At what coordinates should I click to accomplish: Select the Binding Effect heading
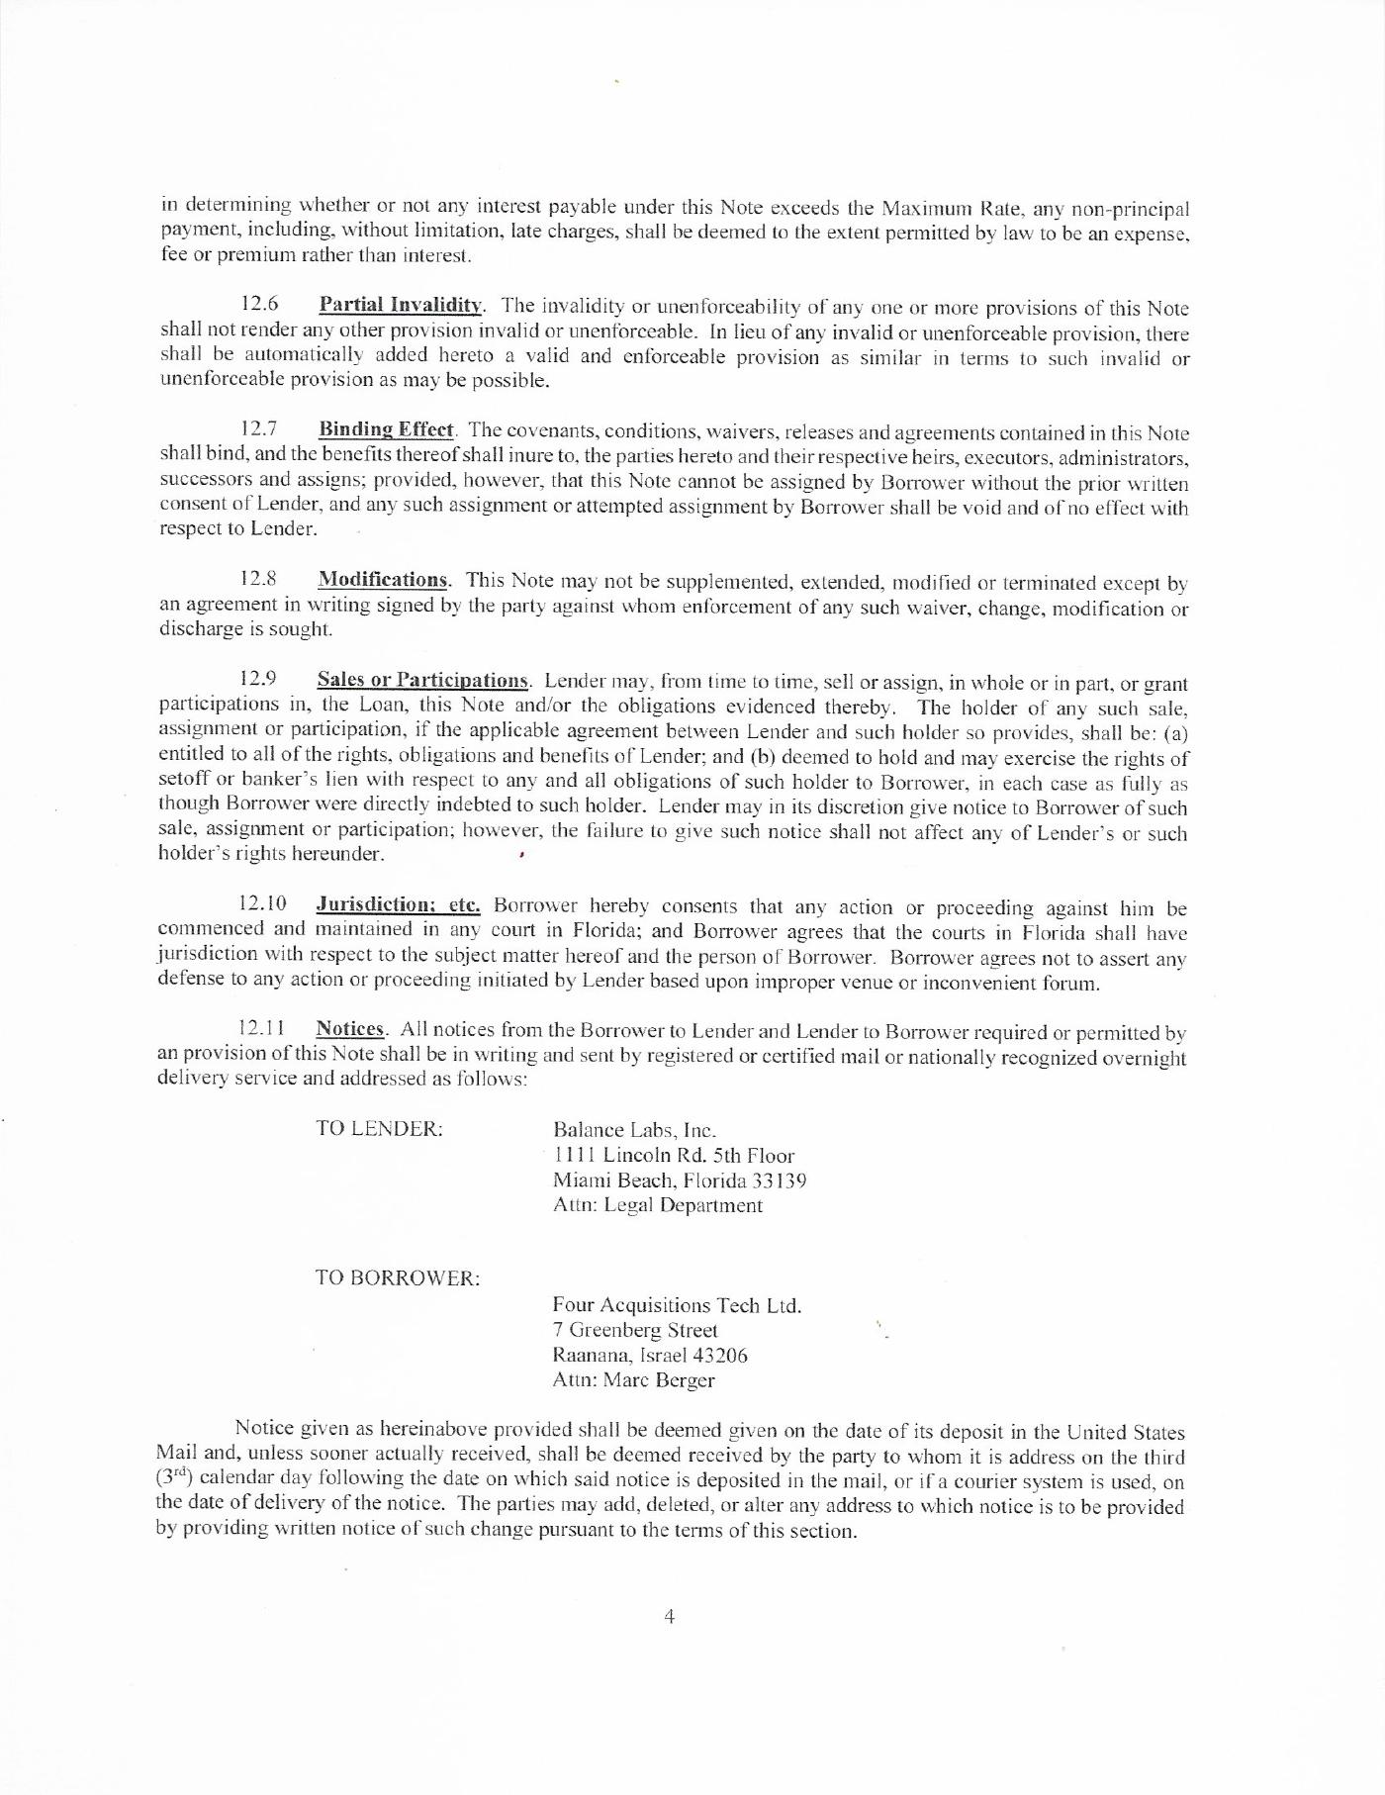pos(386,429)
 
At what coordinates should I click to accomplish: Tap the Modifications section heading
pos(383,580)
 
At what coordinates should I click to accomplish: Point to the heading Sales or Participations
pos(423,681)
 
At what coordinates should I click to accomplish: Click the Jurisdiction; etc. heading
pos(398,904)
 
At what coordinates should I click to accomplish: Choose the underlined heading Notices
pos(350,1030)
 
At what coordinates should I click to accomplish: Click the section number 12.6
pos(260,304)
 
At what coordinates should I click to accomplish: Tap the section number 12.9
pos(258,680)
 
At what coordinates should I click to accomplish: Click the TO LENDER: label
pos(379,1129)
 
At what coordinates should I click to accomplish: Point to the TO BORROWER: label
pos(398,1278)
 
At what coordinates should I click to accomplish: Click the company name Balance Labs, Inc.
pos(634,1130)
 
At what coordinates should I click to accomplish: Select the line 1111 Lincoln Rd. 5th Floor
pos(674,1156)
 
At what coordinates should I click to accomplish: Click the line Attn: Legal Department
pos(658,1205)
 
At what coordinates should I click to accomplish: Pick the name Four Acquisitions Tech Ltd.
pos(677,1305)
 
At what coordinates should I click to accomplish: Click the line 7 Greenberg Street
pos(635,1331)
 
